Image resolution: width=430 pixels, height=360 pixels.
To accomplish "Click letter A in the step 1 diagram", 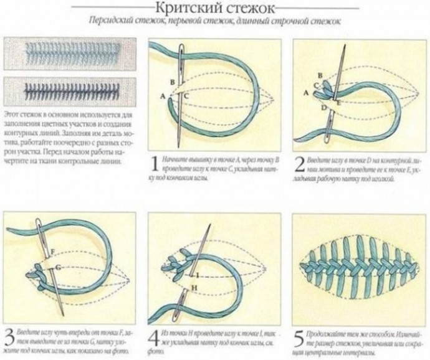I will click(163, 96).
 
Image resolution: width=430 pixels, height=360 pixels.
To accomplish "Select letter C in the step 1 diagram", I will click(186, 96).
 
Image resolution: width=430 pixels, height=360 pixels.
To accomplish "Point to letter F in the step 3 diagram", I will click(54, 251).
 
